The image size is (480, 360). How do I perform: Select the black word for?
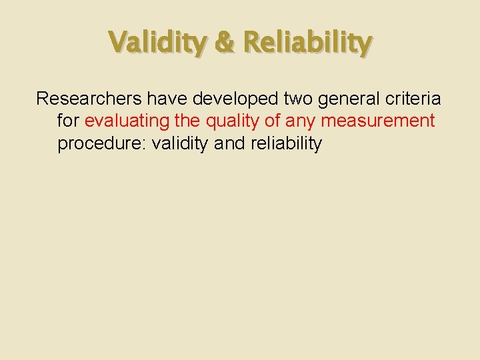tap(69, 121)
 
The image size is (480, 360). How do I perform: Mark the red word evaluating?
tap(127, 122)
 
